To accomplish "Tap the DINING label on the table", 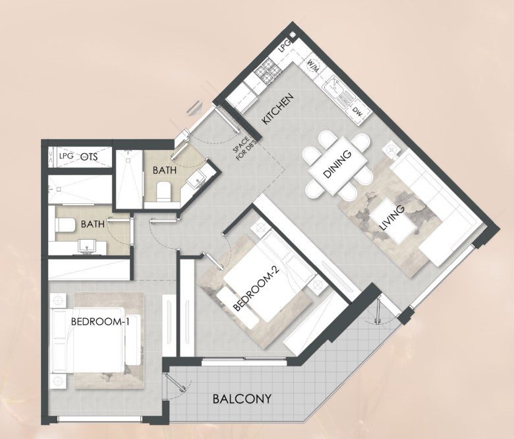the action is point(337,164).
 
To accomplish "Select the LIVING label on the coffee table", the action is point(391,218).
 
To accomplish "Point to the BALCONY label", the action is point(242,399).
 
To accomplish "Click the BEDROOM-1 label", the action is point(100,321).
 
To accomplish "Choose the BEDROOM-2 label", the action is point(257,288).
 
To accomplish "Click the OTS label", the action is point(89,156).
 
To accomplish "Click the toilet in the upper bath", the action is point(163,191).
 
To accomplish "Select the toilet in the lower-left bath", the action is point(63,225).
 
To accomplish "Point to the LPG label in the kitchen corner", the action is point(284,47).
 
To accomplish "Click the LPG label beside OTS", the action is point(66,156).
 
